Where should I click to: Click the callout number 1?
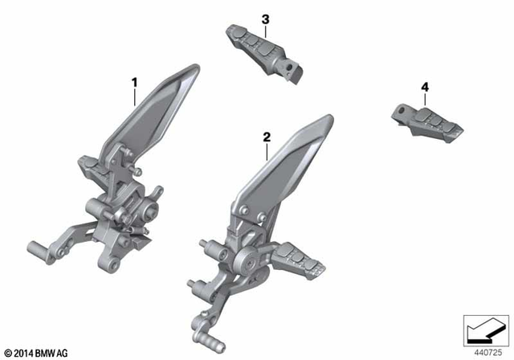click(x=135, y=82)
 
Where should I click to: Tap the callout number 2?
click(x=266, y=138)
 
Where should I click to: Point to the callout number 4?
click(x=424, y=86)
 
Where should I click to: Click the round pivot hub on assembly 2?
click(x=247, y=261)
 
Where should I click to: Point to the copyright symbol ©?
click(x=7, y=354)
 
